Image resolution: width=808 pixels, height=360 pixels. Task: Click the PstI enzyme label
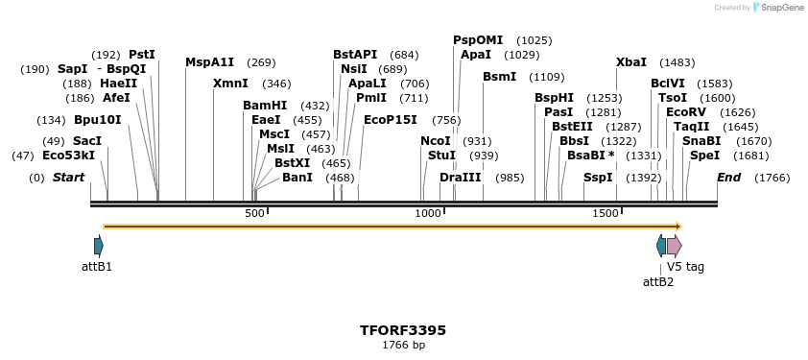click(x=141, y=55)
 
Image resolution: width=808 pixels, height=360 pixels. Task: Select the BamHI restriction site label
click(x=265, y=106)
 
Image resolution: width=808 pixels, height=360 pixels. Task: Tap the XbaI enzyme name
click(x=631, y=62)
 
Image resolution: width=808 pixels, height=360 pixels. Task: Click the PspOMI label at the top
click(x=478, y=40)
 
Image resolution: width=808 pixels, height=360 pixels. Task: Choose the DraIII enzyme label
click(x=460, y=178)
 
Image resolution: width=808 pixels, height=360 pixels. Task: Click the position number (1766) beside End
click(x=772, y=178)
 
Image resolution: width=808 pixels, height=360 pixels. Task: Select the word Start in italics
click(x=68, y=178)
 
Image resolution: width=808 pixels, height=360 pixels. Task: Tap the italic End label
click(x=728, y=178)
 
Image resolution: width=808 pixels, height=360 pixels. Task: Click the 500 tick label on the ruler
click(x=254, y=213)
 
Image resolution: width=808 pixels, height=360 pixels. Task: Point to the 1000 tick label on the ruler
click(x=428, y=213)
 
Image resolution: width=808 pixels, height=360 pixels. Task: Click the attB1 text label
click(x=97, y=266)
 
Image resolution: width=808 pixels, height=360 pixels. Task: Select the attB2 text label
click(x=658, y=281)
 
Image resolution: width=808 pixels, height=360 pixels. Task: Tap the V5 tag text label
click(x=685, y=266)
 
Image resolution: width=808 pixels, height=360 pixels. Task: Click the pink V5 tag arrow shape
click(x=674, y=246)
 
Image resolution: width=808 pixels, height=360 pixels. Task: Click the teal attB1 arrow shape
click(x=98, y=246)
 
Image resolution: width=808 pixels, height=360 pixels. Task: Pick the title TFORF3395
click(x=403, y=330)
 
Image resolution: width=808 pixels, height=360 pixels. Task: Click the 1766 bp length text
click(x=403, y=345)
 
